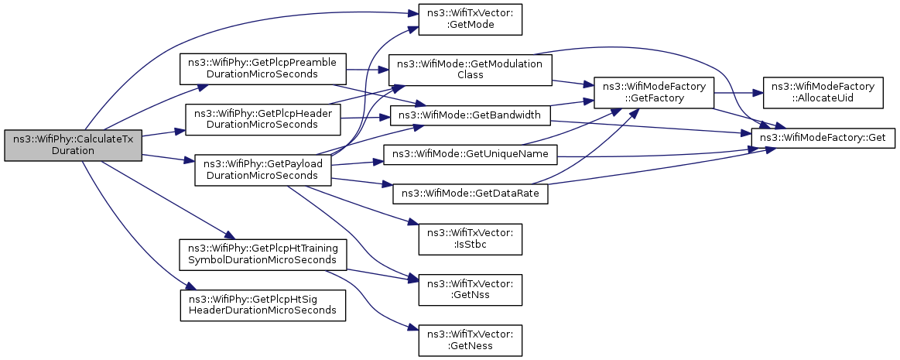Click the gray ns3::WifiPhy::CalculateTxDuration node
pyautogui.click(x=73, y=146)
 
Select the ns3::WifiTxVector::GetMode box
pyautogui.click(x=470, y=19)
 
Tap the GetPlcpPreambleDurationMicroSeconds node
pyautogui.click(x=263, y=69)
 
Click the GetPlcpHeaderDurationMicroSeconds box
pyautogui.click(x=263, y=119)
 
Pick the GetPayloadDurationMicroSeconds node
pyautogui.click(x=263, y=170)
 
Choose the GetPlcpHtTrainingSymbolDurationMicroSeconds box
pyautogui.click(x=263, y=255)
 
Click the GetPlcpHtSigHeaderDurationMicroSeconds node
pyautogui.click(x=263, y=306)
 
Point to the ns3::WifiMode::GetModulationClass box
pyautogui.click(x=470, y=69)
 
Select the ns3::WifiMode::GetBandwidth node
pyautogui.click(x=470, y=115)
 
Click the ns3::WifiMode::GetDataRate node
pyautogui.click(x=470, y=194)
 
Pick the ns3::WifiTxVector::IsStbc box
pyautogui.click(x=470, y=239)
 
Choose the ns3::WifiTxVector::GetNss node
pyautogui.click(x=470, y=289)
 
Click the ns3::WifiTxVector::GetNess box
pyautogui.click(x=470, y=339)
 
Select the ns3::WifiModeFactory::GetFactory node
pyautogui.click(x=654, y=92)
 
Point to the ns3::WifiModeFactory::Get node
pyautogui.click(x=823, y=138)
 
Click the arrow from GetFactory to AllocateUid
pyautogui.click(x=737, y=92)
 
